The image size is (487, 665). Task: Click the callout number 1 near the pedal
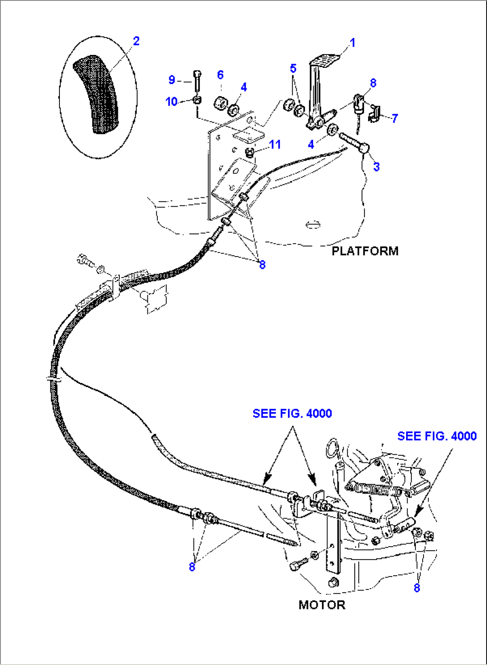point(353,43)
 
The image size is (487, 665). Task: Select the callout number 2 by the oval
point(136,41)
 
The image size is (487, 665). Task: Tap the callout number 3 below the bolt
point(376,166)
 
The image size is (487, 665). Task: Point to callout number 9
point(172,80)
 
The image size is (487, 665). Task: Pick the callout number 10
point(171,102)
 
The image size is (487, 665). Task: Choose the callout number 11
point(275,145)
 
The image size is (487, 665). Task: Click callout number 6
point(220,75)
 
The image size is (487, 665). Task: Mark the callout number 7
point(394,118)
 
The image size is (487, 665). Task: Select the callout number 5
point(293,68)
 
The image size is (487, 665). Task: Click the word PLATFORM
point(365,251)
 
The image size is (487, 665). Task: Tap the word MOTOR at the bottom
point(322,605)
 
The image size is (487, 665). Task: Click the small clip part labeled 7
point(374,113)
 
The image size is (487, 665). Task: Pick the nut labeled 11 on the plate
point(251,153)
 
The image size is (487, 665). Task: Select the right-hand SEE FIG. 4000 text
point(437,436)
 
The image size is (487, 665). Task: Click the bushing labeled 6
point(219,103)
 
